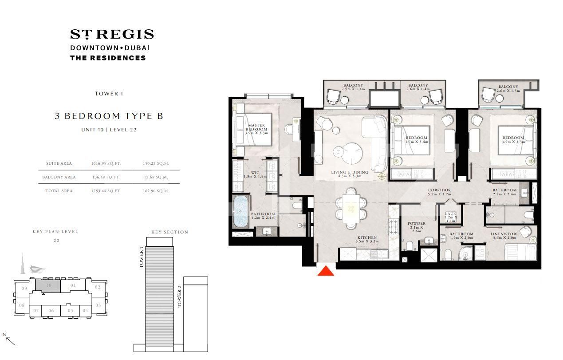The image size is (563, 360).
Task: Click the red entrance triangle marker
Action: click(x=326, y=270)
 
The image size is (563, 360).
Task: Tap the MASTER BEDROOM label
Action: click(x=256, y=128)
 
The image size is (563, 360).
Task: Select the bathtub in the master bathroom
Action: click(x=241, y=212)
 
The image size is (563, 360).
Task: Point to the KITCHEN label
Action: click(x=367, y=238)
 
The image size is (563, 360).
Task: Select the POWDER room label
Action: click(x=416, y=224)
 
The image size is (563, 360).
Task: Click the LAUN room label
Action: click(x=450, y=214)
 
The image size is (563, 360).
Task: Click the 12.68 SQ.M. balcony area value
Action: click(x=156, y=177)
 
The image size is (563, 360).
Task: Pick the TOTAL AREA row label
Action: click(x=59, y=191)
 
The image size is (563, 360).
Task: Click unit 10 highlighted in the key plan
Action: click(x=49, y=285)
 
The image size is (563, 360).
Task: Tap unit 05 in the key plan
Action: click(x=71, y=310)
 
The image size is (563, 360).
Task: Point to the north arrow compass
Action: click(x=9, y=339)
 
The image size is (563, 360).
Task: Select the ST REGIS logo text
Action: click(x=112, y=34)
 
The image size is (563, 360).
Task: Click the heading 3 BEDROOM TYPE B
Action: click(x=109, y=116)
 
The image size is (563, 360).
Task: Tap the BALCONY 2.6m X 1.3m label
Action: click(x=508, y=89)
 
